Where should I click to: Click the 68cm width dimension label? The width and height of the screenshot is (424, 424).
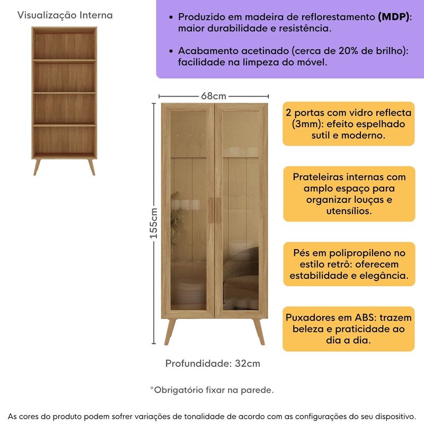[214, 96]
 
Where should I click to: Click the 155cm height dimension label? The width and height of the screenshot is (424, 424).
[154, 223]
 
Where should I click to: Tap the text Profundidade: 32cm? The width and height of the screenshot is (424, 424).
[213, 364]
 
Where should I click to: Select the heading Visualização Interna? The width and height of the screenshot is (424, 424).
[65, 15]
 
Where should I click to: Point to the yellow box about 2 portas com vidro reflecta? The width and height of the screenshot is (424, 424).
[348, 124]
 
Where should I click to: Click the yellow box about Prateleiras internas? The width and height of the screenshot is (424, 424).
[348, 193]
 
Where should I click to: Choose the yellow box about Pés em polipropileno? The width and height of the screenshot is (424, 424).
[348, 264]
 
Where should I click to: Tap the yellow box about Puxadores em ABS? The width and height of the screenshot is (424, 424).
[348, 329]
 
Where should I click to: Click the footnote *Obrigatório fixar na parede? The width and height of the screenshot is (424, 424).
[212, 390]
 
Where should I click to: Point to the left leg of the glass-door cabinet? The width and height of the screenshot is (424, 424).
[170, 331]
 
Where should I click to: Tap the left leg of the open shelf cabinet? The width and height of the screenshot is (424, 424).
[37, 165]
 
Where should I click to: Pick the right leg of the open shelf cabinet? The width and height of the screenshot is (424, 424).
[91, 165]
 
